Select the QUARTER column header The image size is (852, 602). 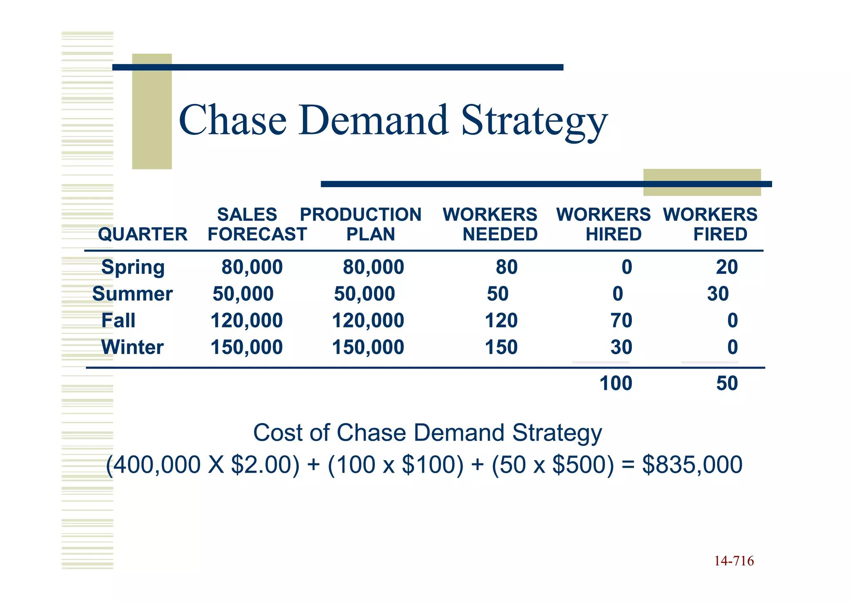(142, 234)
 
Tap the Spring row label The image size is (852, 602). (133, 267)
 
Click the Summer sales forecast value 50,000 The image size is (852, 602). (243, 294)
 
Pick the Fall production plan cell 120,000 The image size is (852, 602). (368, 320)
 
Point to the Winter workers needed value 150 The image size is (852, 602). (501, 347)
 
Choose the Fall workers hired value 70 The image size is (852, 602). (621, 320)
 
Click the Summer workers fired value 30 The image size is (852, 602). (718, 294)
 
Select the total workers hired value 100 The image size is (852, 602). (615, 383)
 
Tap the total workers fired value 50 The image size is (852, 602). (727, 383)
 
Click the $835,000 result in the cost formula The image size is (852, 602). (692, 464)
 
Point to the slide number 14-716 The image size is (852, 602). (734, 561)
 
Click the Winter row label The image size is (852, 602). (132, 347)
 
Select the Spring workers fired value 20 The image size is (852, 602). (727, 267)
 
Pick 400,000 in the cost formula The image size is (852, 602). (157, 464)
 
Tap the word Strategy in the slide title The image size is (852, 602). (534, 121)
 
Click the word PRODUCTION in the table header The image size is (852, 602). (361, 215)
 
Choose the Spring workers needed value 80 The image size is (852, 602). (506, 267)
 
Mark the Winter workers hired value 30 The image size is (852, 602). (621, 347)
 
